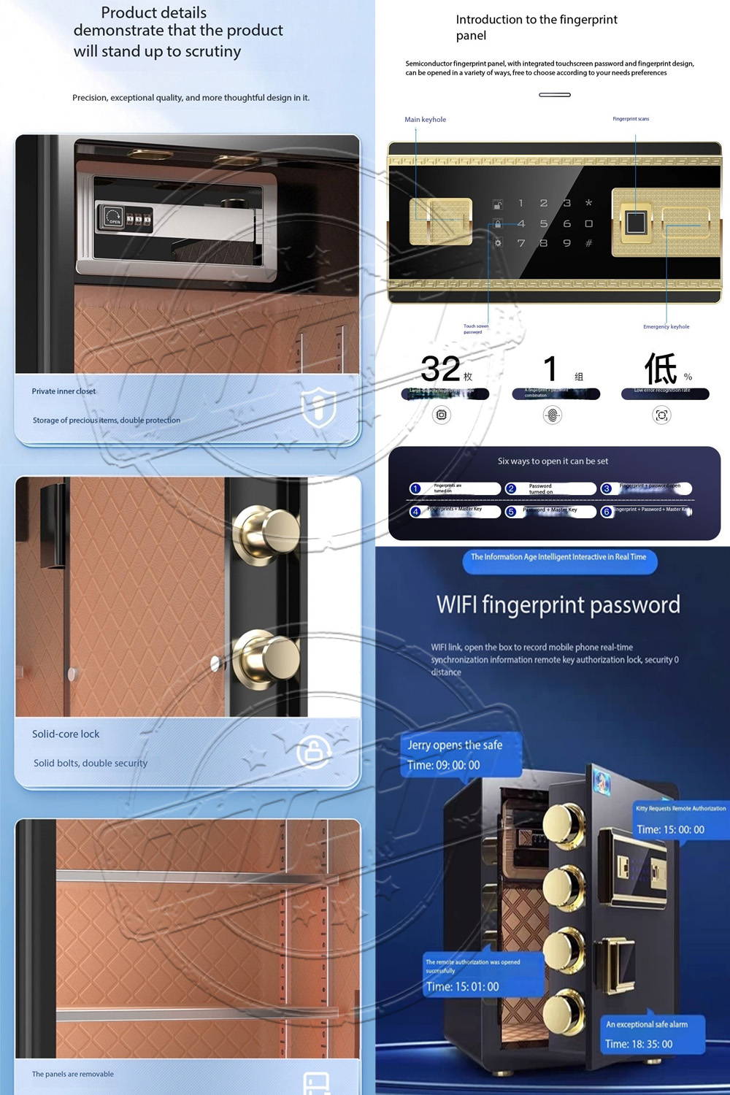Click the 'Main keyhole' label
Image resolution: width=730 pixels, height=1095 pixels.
(425, 120)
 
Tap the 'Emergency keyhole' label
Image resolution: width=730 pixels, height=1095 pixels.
(666, 327)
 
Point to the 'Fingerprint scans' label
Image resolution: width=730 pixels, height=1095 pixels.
(631, 119)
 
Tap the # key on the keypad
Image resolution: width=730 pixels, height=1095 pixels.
(588, 243)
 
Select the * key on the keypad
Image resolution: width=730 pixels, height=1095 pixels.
(588, 203)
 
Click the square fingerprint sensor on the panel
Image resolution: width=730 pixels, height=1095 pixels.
(636, 222)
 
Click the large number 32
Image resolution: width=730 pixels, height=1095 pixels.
(440, 369)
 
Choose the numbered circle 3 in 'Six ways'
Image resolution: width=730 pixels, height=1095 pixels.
(607, 488)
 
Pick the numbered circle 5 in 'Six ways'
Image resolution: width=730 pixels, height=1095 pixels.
(511, 512)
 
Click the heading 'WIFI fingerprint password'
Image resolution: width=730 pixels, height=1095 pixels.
(558, 604)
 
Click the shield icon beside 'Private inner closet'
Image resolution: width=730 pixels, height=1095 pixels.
(319, 407)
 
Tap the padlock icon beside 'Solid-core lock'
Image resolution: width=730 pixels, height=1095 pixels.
(314, 750)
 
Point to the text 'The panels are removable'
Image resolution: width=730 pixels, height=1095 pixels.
(73, 1074)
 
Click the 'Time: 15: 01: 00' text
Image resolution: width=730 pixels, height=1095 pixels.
(462, 987)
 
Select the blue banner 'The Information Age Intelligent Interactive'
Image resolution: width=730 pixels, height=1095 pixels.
(558, 558)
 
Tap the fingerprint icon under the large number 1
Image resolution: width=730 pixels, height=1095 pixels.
(553, 415)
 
